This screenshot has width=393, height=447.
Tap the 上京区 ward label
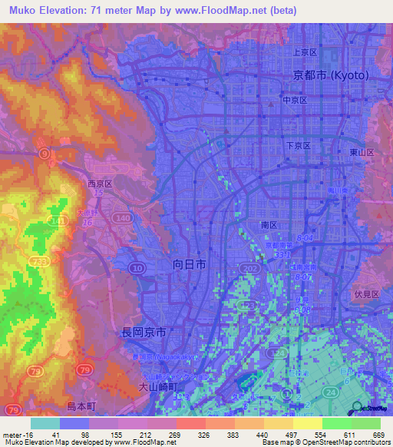(x=305, y=52)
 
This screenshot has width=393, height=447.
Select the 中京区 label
(x=295, y=101)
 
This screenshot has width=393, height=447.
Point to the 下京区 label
(x=297, y=145)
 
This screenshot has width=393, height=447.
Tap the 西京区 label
(x=100, y=184)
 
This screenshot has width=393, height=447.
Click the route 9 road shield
(x=46, y=154)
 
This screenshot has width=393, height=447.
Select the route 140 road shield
(x=121, y=219)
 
